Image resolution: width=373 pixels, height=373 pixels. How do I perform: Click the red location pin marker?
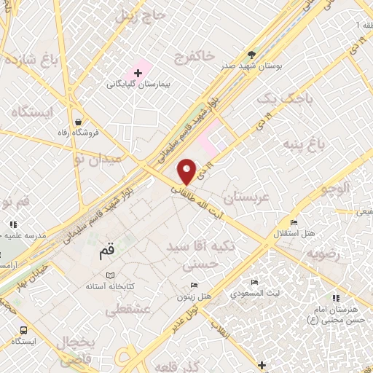tap(188, 171)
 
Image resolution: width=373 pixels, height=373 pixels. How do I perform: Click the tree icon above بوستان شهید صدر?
tap(252, 54)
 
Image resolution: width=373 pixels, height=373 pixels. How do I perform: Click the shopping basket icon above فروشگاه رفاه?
tap(77, 122)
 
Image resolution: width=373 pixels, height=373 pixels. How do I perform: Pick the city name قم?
tap(105, 254)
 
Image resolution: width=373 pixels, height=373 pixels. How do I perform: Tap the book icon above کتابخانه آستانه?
tap(110, 276)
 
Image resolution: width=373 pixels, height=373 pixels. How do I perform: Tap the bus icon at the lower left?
tap(25, 329)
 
